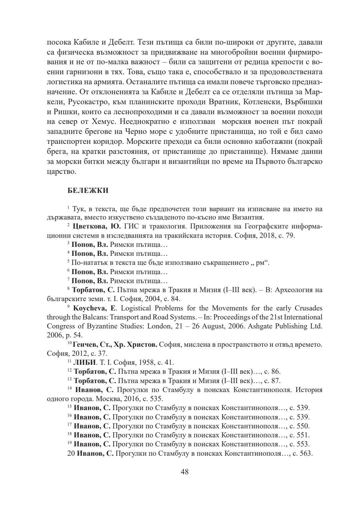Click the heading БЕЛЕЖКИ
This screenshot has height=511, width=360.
click(x=88, y=191)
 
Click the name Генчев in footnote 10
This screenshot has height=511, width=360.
click(x=84, y=344)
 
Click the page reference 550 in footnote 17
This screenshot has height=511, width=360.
click(x=303, y=426)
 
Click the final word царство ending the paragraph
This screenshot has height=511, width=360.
click(x=61, y=172)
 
